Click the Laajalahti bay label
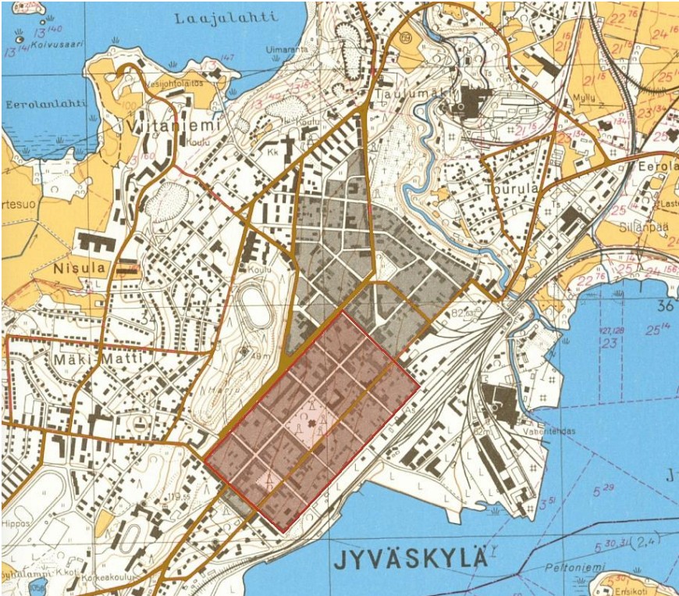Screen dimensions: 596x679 [217, 18]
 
